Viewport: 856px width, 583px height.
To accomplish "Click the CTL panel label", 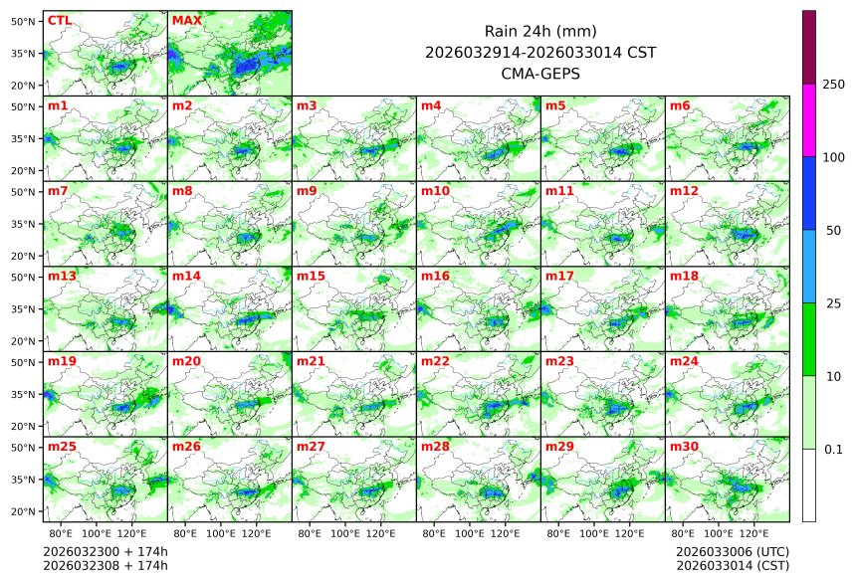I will (x=59, y=20).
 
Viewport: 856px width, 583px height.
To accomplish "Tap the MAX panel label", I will (x=186, y=20).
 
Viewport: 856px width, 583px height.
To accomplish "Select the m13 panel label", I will (x=62, y=276).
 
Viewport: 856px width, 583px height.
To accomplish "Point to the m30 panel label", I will (x=684, y=447).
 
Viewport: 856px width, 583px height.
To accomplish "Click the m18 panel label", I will (x=684, y=276).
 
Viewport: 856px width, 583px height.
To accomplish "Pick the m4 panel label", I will (x=431, y=105).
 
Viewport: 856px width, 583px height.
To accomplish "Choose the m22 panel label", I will (x=435, y=361).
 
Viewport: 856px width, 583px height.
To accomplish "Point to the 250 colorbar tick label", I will (x=833, y=85).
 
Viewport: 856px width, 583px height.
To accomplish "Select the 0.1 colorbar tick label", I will (x=833, y=449).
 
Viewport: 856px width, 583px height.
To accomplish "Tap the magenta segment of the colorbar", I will (x=809, y=119).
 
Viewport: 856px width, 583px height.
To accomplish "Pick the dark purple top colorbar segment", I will (x=809, y=47).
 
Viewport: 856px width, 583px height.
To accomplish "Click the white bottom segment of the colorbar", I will (x=809, y=485).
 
